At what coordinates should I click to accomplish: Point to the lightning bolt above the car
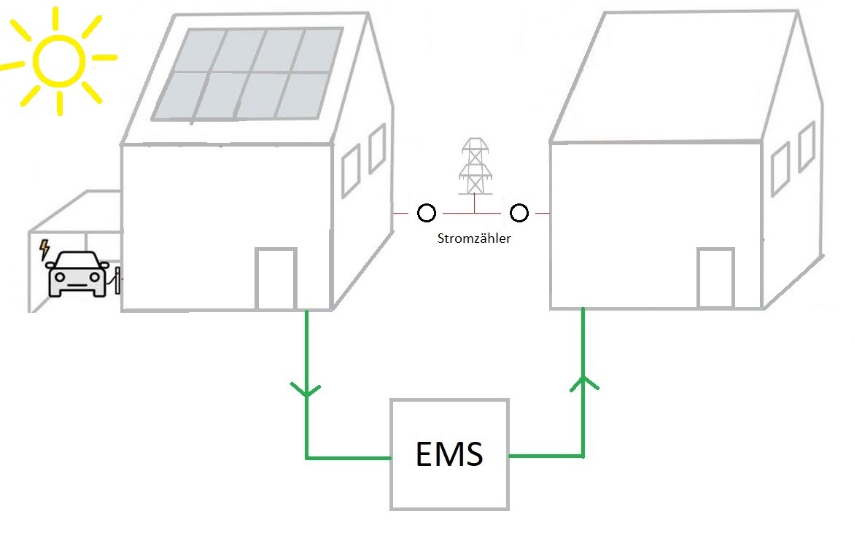coord(44,249)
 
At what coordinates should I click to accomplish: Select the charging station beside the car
coord(117,280)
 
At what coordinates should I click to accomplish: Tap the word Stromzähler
coord(473,238)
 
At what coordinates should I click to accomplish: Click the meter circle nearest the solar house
coord(427,213)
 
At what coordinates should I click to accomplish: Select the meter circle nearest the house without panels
coord(519,213)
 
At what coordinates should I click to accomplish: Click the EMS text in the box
coord(449,454)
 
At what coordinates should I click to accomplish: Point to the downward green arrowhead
coord(306,390)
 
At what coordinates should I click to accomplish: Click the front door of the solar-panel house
coord(276,279)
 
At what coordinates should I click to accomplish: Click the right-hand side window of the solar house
coord(377,148)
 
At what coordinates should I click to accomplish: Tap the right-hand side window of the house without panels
coord(806,147)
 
